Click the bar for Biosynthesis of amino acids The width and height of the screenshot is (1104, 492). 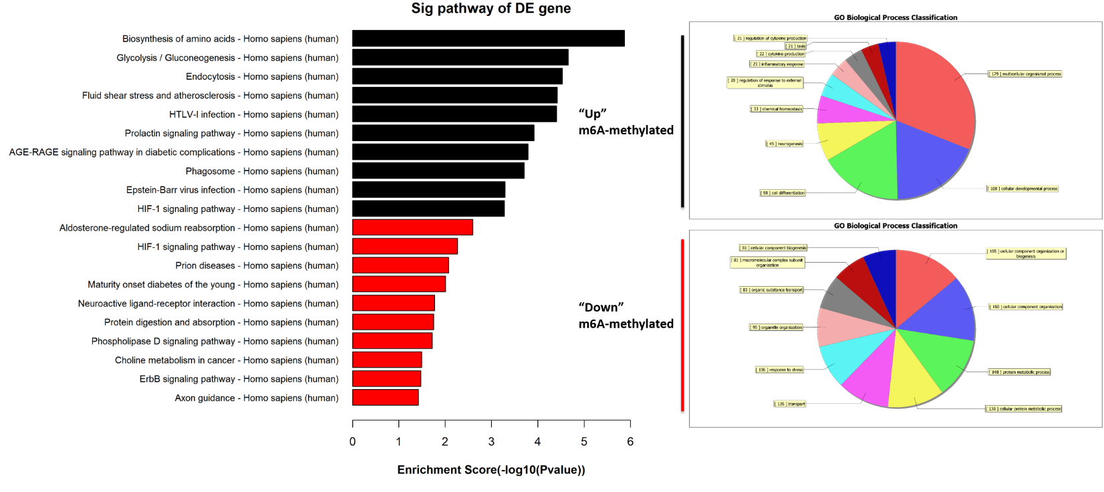point(488,39)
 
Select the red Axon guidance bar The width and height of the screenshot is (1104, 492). point(385,398)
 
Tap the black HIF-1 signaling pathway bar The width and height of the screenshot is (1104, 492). point(428,209)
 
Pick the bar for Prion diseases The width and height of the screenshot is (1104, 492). point(400,265)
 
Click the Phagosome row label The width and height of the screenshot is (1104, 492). point(262,171)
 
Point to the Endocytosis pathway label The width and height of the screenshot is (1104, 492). point(262,77)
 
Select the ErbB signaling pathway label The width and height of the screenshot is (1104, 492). point(239,379)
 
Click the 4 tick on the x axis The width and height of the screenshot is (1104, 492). point(538,441)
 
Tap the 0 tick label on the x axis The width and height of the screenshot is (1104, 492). point(353,441)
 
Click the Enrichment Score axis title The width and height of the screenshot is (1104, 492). point(491,470)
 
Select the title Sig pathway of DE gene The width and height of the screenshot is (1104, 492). point(491,9)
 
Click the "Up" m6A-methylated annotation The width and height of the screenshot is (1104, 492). point(626,122)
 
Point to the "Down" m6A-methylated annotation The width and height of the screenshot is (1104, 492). point(626,316)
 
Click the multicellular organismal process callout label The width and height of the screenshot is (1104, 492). point(1025,74)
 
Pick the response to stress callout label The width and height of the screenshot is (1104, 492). point(779,370)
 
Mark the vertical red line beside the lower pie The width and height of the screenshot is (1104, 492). point(682,325)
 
